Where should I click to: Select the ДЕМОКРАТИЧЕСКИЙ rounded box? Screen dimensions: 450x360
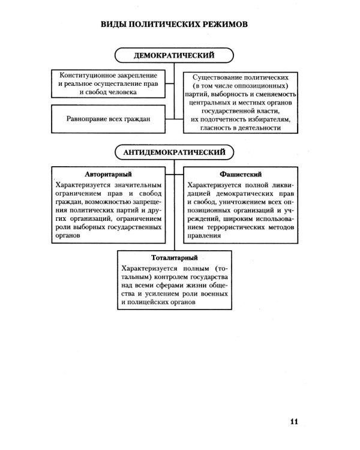point(174,56)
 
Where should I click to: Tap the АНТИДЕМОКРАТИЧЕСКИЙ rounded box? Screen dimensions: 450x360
point(174,152)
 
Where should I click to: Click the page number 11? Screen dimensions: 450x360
point(293,420)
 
